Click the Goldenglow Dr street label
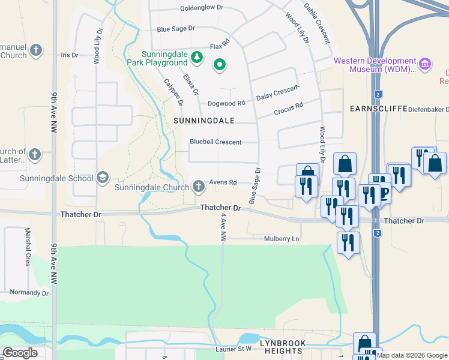(x=202, y=8)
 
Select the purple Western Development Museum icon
(x=425, y=64)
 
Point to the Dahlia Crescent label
(x=316, y=23)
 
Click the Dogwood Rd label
(x=226, y=103)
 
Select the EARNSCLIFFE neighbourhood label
(x=375, y=109)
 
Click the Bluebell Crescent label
(x=215, y=142)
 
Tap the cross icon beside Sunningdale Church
(x=198, y=187)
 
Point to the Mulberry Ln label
(x=282, y=239)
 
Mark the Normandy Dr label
(x=29, y=293)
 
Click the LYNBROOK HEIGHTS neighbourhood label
(x=282, y=346)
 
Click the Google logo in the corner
(x=20, y=353)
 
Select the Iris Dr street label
(x=70, y=55)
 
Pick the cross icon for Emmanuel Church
(x=36, y=50)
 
